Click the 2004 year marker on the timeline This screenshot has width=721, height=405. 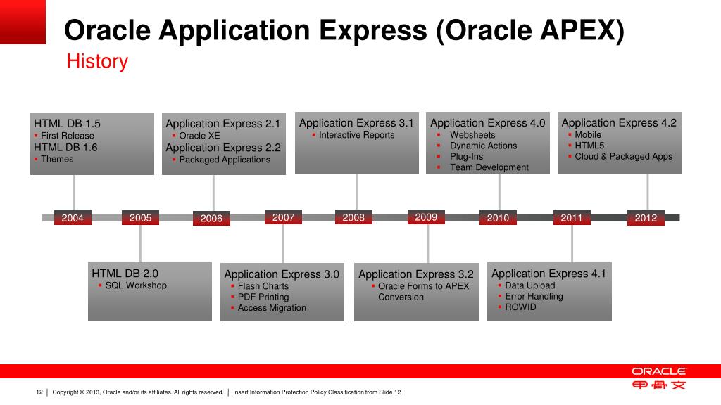(73, 218)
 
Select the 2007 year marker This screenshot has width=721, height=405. (283, 217)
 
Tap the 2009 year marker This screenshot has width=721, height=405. (426, 217)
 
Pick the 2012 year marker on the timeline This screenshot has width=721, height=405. (646, 218)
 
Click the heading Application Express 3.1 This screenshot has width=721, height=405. (356, 123)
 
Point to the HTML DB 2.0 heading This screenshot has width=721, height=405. (125, 274)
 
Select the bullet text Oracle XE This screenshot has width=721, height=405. (199, 136)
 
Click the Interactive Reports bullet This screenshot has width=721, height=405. (356, 135)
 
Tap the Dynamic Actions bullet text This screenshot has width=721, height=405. (483, 146)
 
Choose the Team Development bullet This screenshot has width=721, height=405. (489, 167)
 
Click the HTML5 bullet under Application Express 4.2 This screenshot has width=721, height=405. (589, 146)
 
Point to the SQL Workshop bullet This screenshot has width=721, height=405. (136, 285)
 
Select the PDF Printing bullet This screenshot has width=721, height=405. (263, 297)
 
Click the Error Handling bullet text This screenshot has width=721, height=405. (534, 296)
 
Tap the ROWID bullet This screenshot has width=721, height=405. (520, 307)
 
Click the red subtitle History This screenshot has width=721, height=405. (97, 62)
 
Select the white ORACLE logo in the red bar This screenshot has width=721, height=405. (658, 371)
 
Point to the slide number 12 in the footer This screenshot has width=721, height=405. (39, 392)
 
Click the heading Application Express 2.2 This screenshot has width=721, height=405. (223, 148)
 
